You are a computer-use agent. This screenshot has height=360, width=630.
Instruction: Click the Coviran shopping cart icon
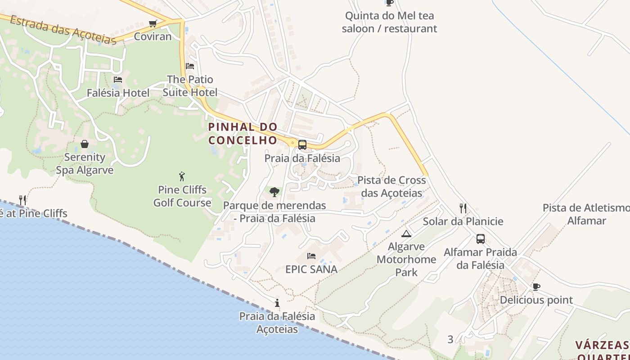[x=153, y=23]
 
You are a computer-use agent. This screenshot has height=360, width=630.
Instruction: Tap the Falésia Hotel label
[x=118, y=93]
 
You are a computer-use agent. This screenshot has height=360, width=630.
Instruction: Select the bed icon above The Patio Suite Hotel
[x=190, y=66]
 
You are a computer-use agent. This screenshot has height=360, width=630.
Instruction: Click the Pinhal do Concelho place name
[x=243, y=134]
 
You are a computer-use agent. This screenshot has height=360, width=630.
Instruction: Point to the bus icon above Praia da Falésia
[x=302, y=145]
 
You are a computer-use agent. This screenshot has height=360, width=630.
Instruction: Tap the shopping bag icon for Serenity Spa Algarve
[x=85, y=144]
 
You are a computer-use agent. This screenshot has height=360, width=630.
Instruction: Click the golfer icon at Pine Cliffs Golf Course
[x=182, y=176]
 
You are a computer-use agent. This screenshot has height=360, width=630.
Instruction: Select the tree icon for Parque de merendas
[x=274, y=193]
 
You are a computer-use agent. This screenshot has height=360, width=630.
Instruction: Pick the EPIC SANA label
[x=311, y=270]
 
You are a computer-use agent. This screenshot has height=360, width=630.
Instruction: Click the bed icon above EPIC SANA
[x=311, y=256]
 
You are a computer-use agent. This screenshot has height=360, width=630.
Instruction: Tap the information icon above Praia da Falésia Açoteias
[x=277, y=303]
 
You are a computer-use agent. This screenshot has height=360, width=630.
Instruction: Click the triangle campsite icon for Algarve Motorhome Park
[x=406, y=233]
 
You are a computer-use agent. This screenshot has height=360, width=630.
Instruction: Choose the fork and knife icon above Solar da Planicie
[x=463, y=208]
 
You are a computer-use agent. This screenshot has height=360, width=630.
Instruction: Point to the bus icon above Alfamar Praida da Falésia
[x=481, y=239]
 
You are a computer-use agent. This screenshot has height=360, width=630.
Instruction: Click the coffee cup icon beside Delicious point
[x=536, y=287]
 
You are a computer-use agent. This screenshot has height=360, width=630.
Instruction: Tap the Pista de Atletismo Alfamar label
[x=586, y=214]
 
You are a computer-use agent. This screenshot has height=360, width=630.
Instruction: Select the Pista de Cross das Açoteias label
[x=391, y=187]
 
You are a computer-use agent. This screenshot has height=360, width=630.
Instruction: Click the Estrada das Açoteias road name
[x=63, y=30]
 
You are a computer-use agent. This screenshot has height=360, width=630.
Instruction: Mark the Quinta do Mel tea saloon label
[x=389, y=22]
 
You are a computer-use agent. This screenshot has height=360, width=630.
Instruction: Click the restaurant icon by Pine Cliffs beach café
[x=22, y=200]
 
